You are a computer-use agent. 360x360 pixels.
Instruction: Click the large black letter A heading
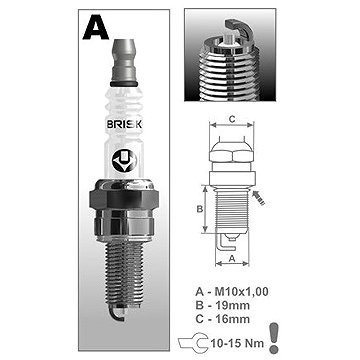[96, 28]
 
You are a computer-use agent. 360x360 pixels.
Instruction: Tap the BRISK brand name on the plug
[124, 125]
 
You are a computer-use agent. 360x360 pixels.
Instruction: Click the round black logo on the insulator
[124, 162]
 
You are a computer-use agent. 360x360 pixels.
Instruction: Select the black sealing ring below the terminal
[124, 84]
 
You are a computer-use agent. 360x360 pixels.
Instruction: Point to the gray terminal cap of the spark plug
[124, 60]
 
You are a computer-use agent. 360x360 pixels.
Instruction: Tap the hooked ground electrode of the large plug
[116, 313]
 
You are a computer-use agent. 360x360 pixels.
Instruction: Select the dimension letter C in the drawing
[233, 119]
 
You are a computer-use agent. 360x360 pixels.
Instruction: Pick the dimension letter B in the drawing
[199, 209]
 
